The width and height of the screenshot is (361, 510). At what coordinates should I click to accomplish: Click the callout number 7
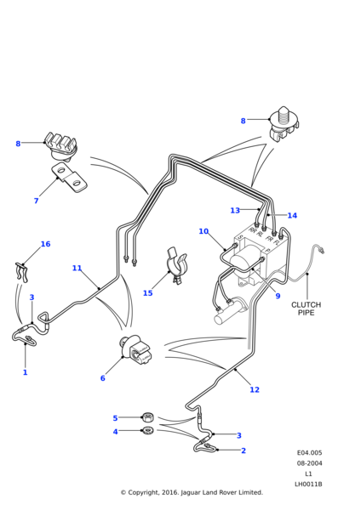(x=36, y=201)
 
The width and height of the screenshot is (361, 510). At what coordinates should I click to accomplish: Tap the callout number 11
(x=77, y=268)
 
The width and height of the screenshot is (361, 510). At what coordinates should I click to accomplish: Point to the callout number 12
(x=255, y=389)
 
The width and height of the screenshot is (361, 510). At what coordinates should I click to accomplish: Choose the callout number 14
(x=292, y=215)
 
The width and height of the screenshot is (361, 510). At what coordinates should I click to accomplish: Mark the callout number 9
(x=278, y=296)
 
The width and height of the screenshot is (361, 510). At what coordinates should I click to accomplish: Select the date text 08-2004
(x=309, y=463)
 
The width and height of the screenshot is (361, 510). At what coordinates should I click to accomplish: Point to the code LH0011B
(x=309, y=484)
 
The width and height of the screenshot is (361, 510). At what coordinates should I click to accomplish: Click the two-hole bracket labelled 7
(x=67, y=178)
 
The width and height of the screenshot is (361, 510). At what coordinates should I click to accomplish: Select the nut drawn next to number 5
(x=147, y=416)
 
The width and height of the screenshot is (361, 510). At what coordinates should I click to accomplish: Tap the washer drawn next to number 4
(x=147, y=431)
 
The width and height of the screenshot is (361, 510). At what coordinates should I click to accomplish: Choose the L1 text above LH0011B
(x=309, y=473)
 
